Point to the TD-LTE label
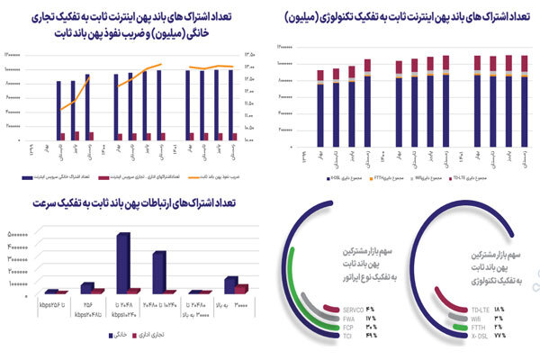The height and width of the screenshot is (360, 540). click(x=481, y=310)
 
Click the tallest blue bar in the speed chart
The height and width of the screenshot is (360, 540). click(x=123, y=262)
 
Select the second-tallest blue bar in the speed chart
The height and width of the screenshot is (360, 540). click(x=158, y=272)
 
